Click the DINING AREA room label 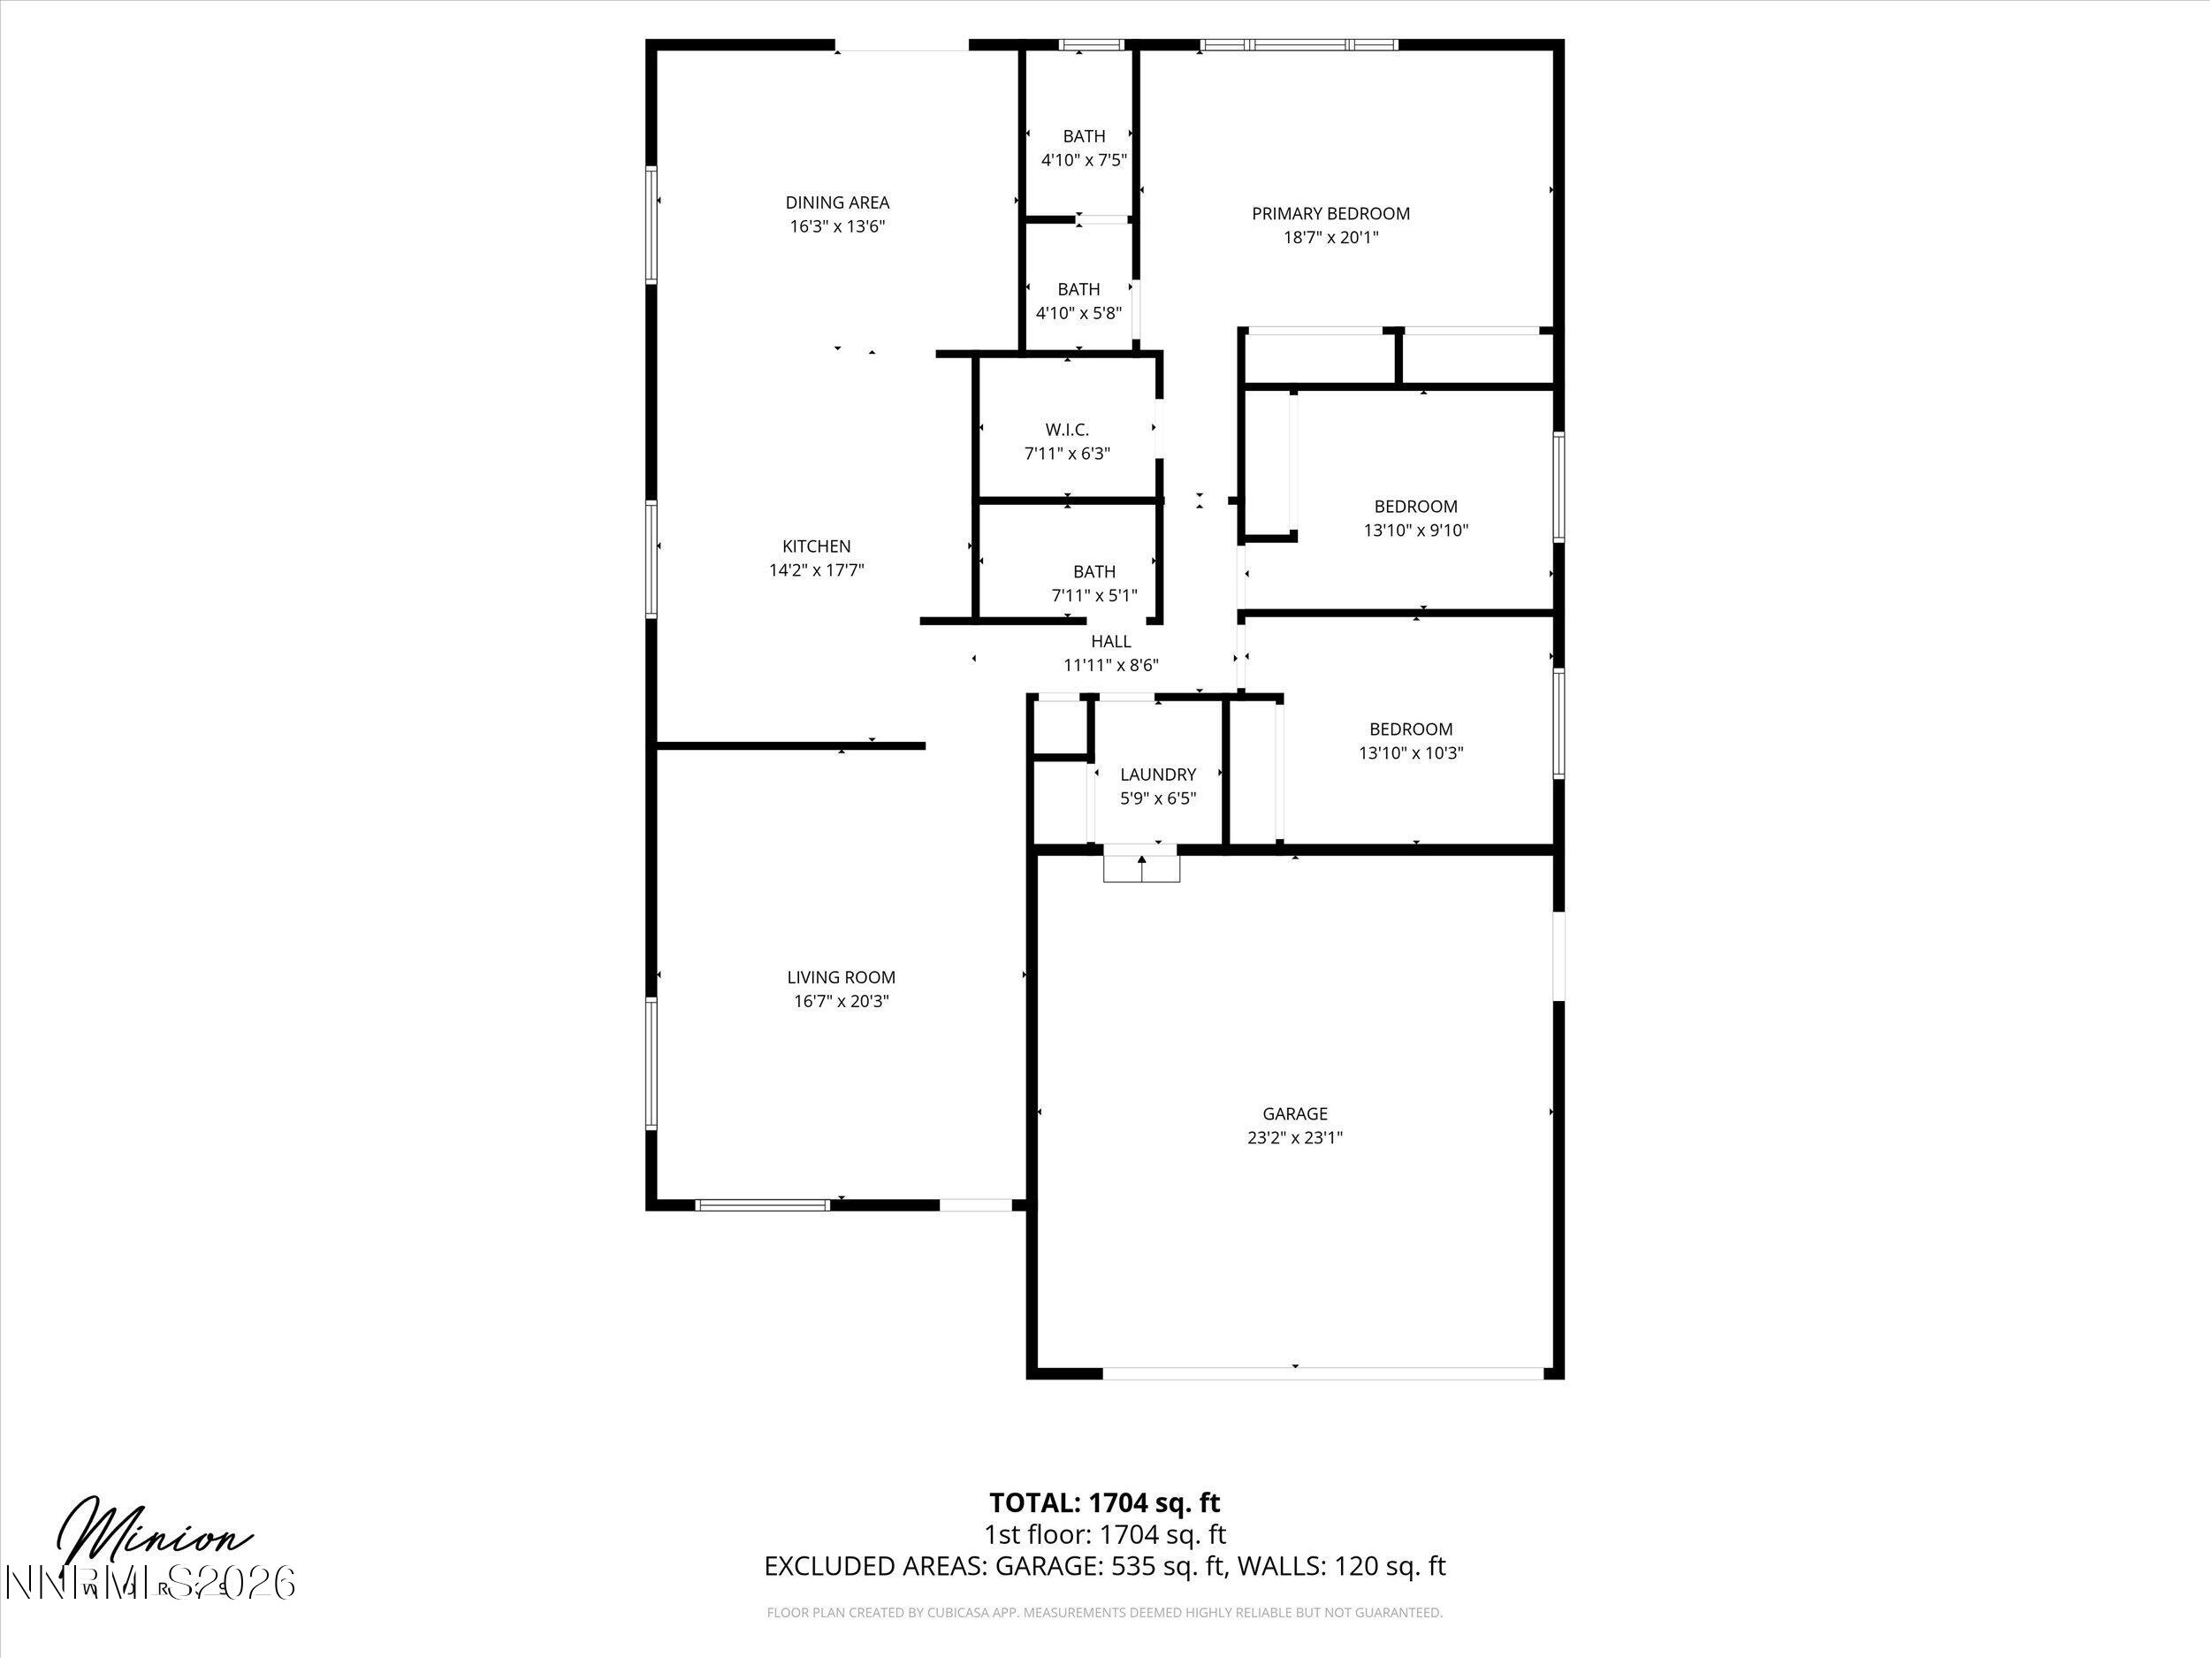click(x=836, y=202)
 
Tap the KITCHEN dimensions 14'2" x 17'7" click(x=816, y=570)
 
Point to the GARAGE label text click(x=1294, y=1113)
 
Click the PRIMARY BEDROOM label click(x=1330, y=214)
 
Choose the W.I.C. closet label click(x=1066, y=430)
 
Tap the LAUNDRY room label click(x=1157, y=775)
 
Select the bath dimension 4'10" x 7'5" click(x=1083, y=160)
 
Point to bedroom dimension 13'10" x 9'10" click(x=1414, y=531)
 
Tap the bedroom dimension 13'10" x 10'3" click(x=1410, y=753)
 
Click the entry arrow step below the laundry click(x=1141, y=866)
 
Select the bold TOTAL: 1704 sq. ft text click(x=1104, y=1502)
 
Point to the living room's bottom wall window click(x=762, y=1204)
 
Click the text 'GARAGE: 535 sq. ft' click(x=1109, y=1566)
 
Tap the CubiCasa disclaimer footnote click(x=1104, y=1612)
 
